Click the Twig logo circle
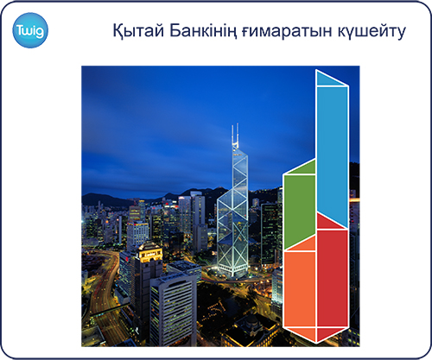pos(30,30)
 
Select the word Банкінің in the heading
pos(203,30)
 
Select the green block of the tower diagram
pos(300,212)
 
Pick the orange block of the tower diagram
pos(300,289)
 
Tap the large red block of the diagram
pos(333,278)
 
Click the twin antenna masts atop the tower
pos(235,135)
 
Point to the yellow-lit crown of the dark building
pos(150,253)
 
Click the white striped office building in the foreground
pos(173,309)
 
